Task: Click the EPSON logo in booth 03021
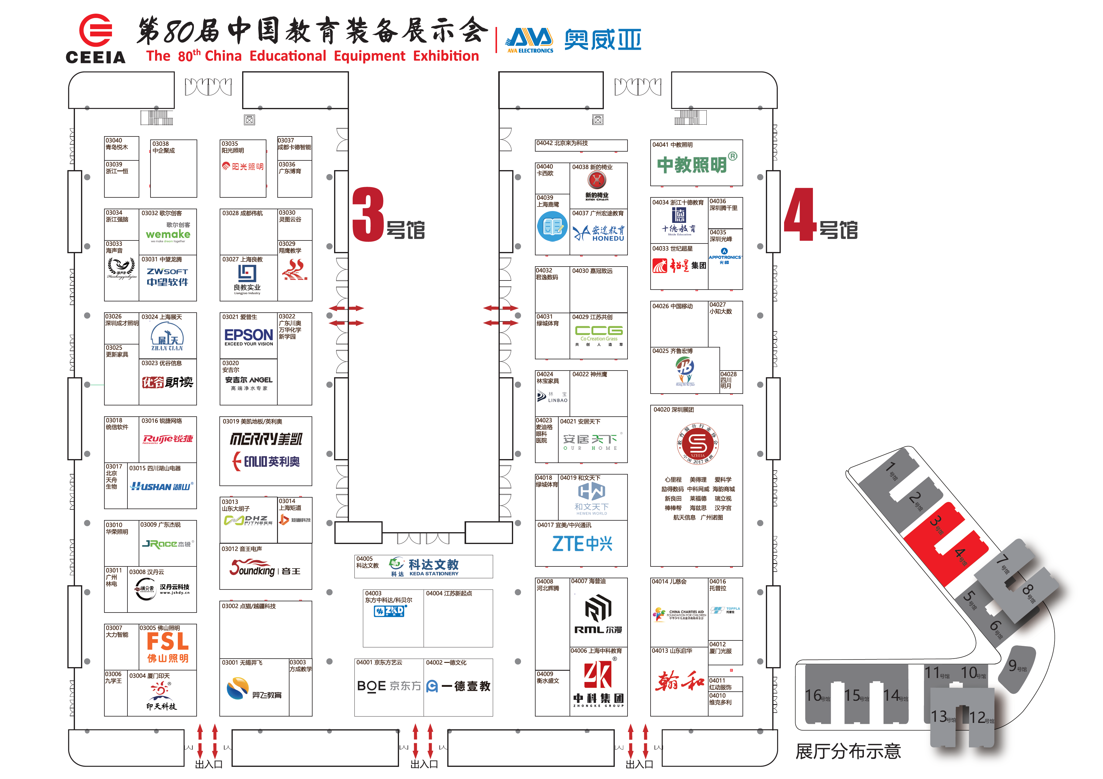point(249,335)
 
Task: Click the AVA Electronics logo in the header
point(530,40)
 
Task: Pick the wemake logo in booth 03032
point(168,234)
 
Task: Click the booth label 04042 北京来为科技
point(562,143)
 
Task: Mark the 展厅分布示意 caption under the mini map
point(848,751)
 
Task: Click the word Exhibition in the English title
point(446,56)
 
